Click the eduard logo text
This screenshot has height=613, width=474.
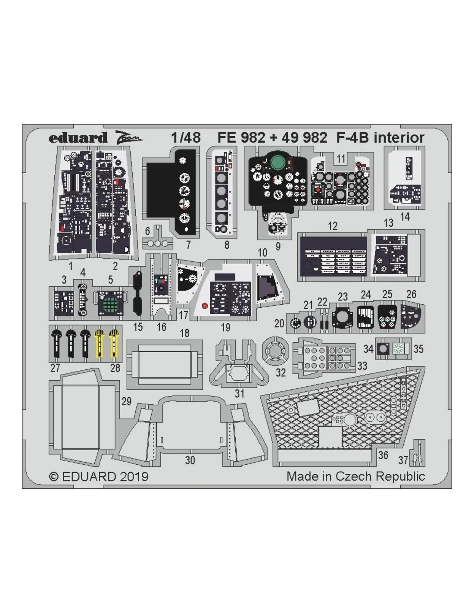(x=78, y=138)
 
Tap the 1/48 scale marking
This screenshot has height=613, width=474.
(x=186, y=138)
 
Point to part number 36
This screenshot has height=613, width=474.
(x=383, y=455)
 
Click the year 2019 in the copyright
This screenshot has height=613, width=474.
(x=134, y=476)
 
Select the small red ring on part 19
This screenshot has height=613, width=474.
(x=205, y=306)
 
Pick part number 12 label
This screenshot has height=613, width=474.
(x=333, y=226)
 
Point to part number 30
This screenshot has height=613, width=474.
(x=190, y=460)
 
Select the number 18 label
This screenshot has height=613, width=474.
(x=184, y=333)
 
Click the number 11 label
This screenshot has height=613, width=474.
(x=341, y=159)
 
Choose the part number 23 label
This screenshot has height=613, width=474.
(x=343, y=297)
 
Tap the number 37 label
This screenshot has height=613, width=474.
(x=403, y=460)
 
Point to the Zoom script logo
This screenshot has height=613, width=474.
(x=128, y=138)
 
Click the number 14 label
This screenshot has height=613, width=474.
(x=405, y=217)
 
